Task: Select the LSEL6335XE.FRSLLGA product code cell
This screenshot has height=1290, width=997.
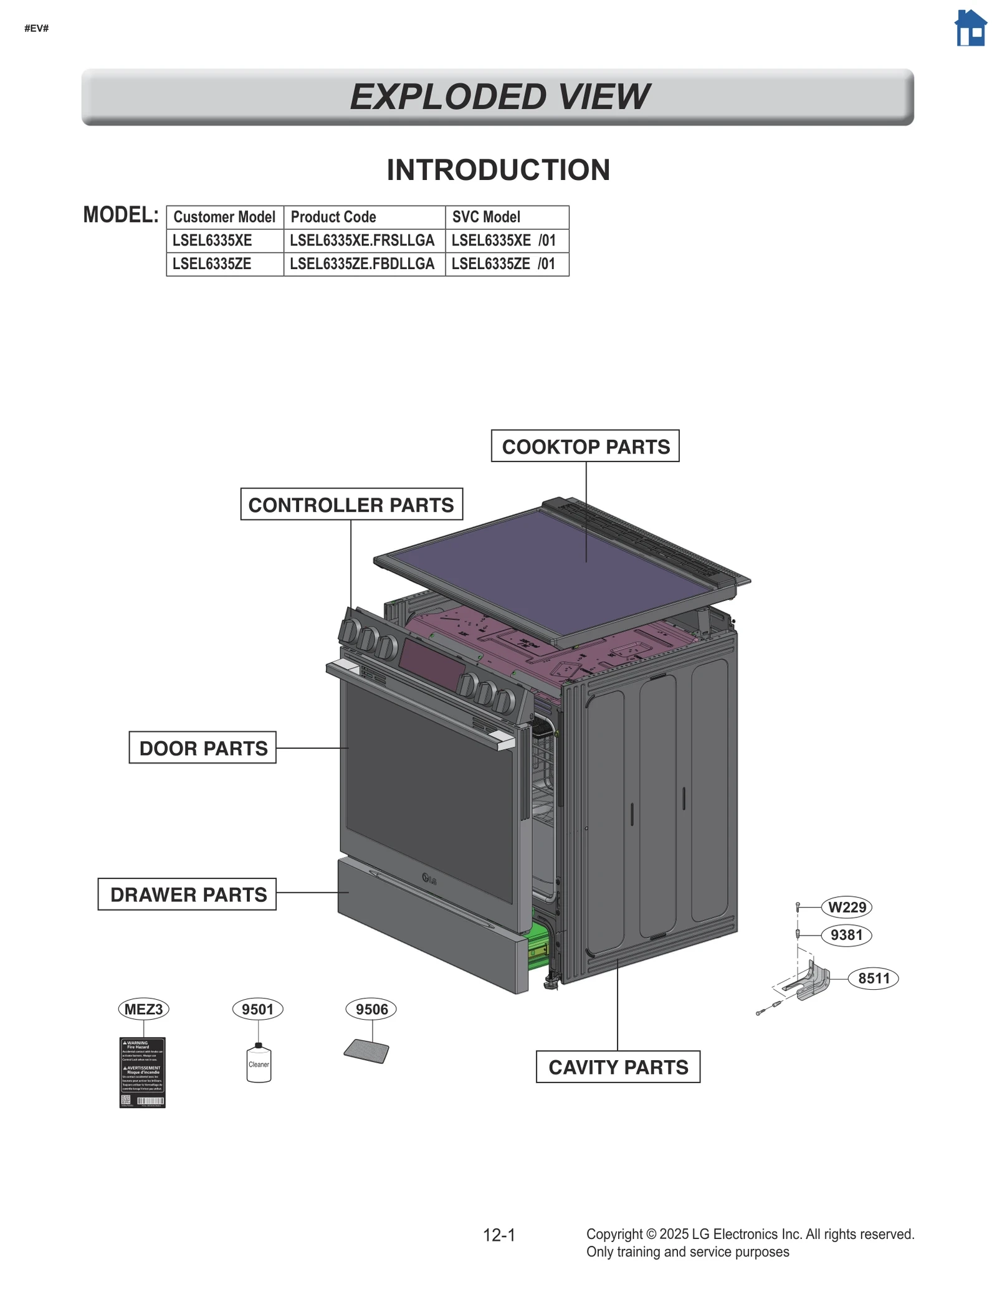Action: (x=363, y=240)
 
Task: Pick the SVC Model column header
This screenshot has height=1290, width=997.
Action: (x=486, y=217)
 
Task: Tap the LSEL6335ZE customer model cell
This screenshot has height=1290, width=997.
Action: (x=212, y=264)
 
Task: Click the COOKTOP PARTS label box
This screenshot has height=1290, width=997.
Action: (x=584, y=446)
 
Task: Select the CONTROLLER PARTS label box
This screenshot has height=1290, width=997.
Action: (x=351, y=505)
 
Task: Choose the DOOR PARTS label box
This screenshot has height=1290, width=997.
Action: (x=203, y=747)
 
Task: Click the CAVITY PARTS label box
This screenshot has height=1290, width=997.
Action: (x=618, y=1067)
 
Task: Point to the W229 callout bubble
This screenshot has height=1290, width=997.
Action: (x=846, y=907)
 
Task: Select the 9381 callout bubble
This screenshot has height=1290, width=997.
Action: (x=846, y=935)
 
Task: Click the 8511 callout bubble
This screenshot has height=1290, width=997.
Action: (x=873, y=978)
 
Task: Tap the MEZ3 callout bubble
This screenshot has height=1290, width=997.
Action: (x=143, y=1009)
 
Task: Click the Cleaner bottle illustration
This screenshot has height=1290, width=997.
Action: (x=259, y=1064)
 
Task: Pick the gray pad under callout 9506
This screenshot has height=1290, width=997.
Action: (x=366, y=1051)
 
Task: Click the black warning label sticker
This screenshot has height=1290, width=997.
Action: (x=142, y=1072)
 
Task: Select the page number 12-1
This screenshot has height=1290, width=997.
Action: (x=499, y=1235)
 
